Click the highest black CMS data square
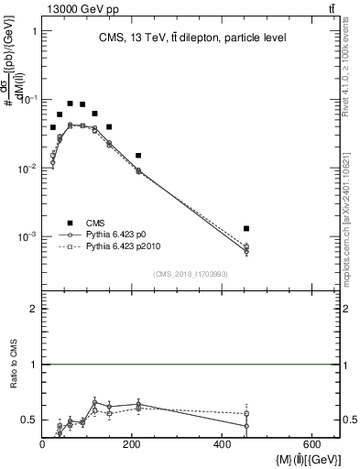71,104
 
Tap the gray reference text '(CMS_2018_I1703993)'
190,274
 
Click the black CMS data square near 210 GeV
138,156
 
